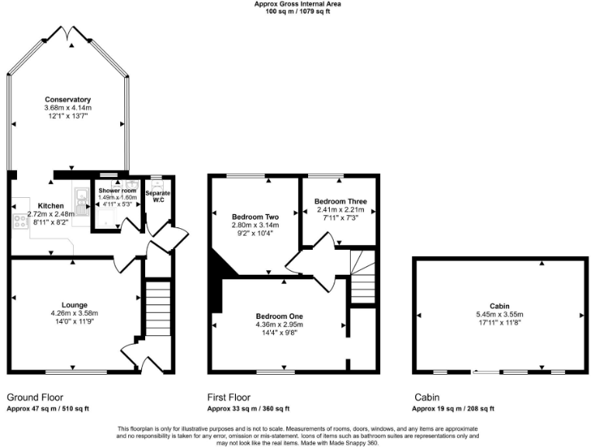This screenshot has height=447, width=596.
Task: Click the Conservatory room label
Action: tap(68, 99)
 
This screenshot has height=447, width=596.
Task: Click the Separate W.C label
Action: tap(158, 196)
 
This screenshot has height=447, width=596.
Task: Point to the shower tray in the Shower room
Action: tap(104, 217)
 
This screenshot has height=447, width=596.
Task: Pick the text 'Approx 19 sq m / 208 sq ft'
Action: tap(452, 409)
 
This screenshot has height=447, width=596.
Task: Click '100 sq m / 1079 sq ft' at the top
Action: tap(298, 12)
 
